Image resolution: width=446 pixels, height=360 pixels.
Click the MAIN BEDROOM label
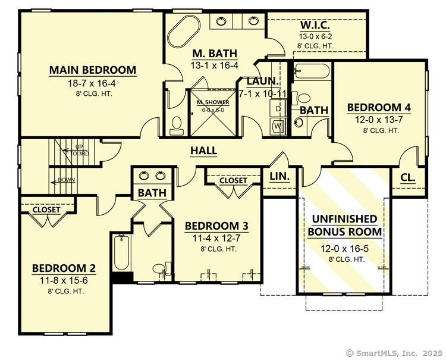[x=92, y=70]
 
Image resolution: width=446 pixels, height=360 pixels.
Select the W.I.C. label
[x=315, y=26]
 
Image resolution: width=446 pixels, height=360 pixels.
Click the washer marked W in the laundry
[x=278, y=126]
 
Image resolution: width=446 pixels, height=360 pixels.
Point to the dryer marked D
[x=278, y=109]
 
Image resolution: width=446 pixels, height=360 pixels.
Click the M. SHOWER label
[x=213, y=102]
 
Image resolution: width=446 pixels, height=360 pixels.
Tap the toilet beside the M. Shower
[x=177, y=123]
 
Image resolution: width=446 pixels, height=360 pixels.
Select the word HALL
[x=203, y=151]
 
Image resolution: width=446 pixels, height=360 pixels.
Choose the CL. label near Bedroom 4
[x=407, y=177]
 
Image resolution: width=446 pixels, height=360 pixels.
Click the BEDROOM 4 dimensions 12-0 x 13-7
[x=379, y=120]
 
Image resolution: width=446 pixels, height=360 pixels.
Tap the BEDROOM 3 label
[x=216, y=226]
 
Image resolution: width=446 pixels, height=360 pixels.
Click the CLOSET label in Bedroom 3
[x=233, y=180]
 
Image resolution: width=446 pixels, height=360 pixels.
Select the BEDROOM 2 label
[x=64, y=268]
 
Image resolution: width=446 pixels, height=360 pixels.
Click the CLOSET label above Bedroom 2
[x=46, y=210]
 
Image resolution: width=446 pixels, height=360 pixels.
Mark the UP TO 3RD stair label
[x=79, y=150]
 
